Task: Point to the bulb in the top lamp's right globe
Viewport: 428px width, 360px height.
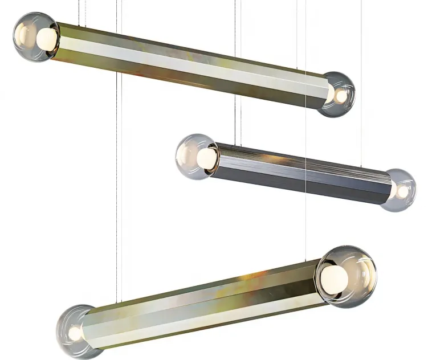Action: coord(340,96)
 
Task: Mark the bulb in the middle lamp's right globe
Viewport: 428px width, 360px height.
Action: coord(402,192)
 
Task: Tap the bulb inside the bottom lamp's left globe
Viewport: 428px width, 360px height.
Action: coord(75,333)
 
